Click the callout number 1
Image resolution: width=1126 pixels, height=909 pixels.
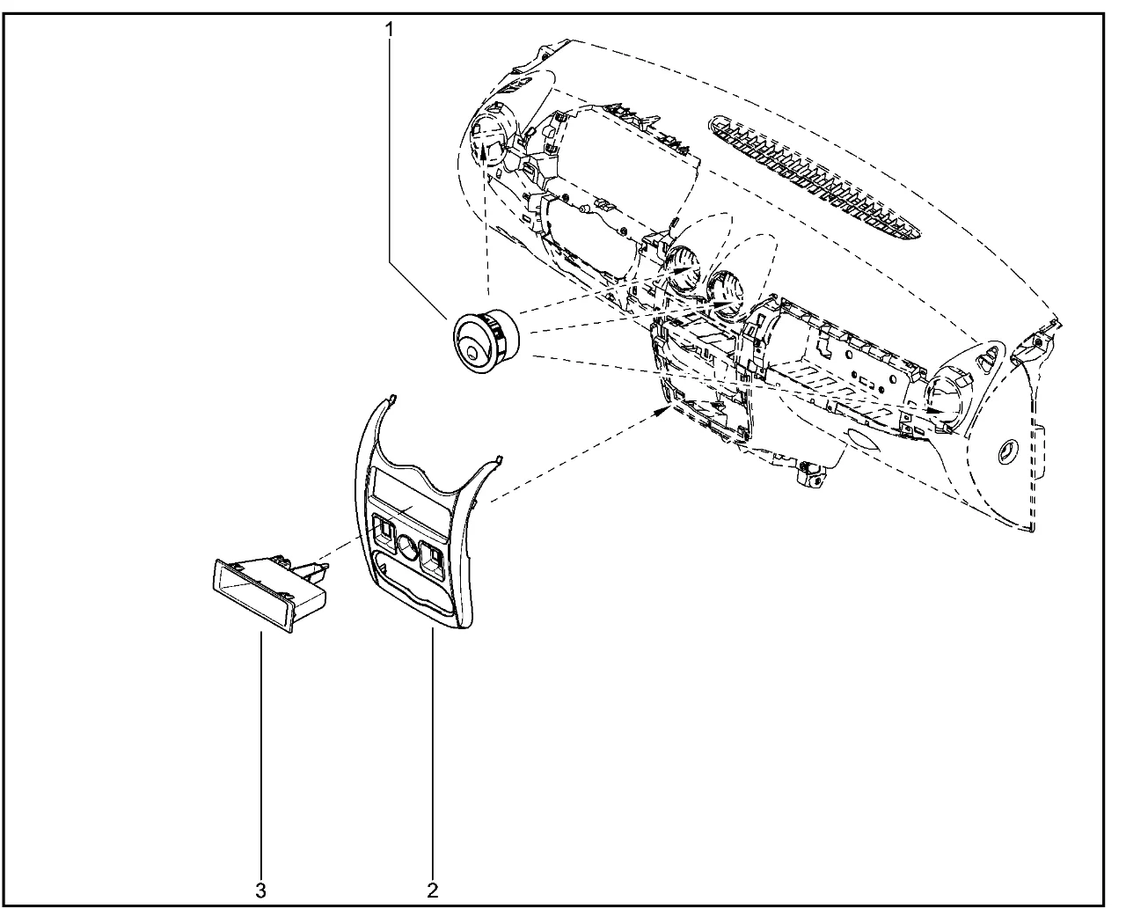pyautogui.click(x=389, y=30)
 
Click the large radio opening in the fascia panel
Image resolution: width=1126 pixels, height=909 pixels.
pyautogui.click(x=407, y=490)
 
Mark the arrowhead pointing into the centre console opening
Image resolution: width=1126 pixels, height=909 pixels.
pyautogui.click(x=662, y=411)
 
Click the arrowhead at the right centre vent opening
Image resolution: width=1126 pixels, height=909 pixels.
pyautogui.click(x=724, y=304)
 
